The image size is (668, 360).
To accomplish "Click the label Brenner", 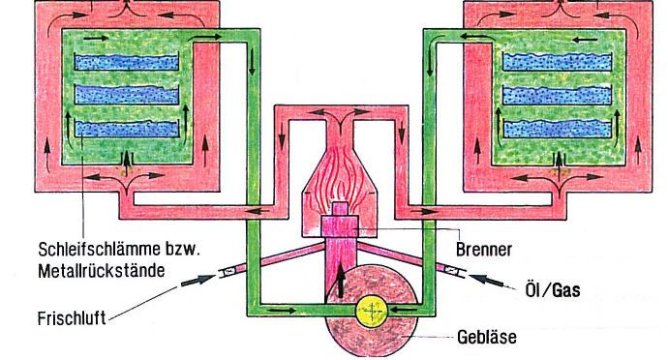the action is (483, 250).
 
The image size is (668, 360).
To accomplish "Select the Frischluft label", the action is (72, 318).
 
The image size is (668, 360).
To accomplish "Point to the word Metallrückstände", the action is (102, 270).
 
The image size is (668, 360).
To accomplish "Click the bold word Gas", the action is (565, 290).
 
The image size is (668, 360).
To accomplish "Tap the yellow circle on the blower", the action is (372, 310).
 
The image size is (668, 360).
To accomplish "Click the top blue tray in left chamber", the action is (127, 62).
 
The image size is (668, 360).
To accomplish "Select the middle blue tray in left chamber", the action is (127, 95).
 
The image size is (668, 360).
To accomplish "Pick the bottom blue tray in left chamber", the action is (127, 129).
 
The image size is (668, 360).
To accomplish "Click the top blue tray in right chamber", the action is (558, 61).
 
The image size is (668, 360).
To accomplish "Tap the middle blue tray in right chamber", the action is (558, 95).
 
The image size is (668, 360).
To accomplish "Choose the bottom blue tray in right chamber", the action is (558, 129).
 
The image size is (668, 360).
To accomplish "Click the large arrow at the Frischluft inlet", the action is (198, 281).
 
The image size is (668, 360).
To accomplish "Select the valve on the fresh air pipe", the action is (229, 271).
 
